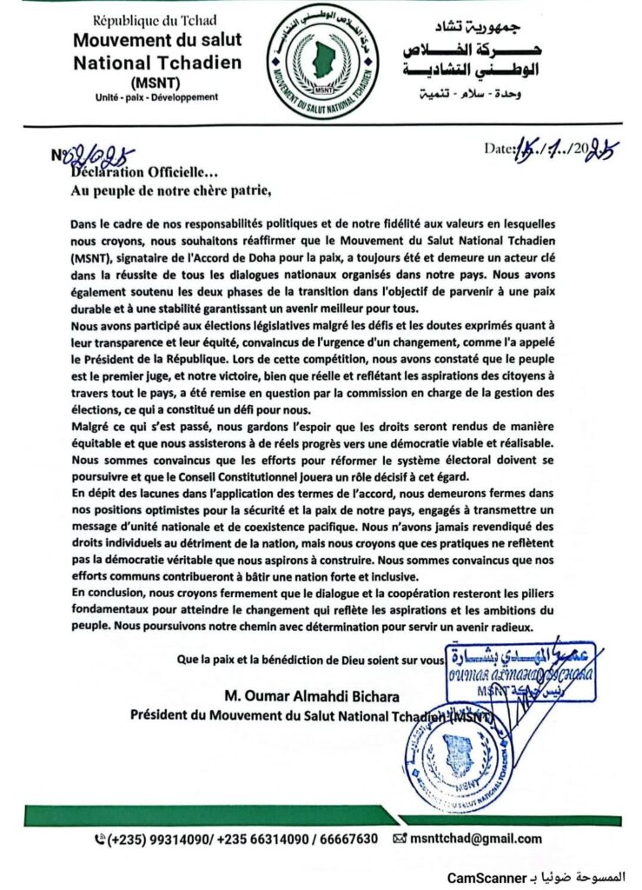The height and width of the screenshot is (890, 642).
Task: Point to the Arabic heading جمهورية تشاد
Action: coord(494,27)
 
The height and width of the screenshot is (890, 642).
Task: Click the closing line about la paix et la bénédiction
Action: coord(309,660)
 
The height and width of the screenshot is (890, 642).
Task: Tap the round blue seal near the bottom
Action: coord(457,764)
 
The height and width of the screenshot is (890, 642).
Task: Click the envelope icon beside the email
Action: coord(400,839)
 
